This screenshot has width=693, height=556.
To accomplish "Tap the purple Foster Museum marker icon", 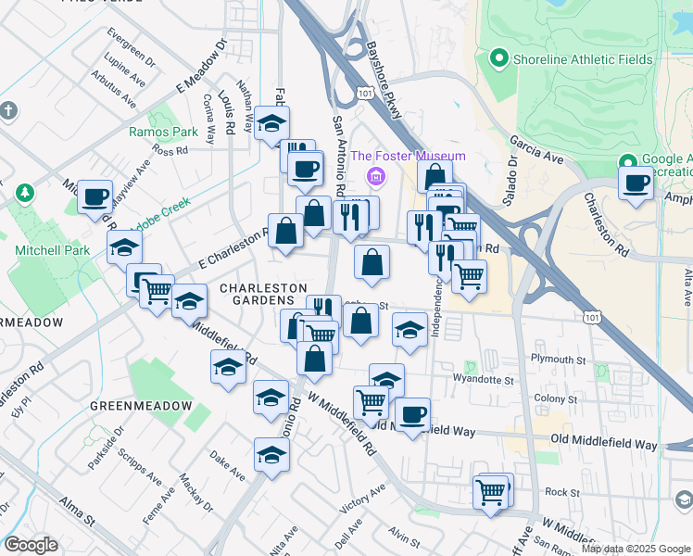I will (x=375, y=176).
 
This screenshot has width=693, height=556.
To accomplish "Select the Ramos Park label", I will (x=163, y=132).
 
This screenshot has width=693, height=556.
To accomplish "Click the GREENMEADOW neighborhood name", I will (x=141, y=406).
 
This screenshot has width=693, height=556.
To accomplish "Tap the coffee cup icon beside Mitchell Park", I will (x=94, y=196).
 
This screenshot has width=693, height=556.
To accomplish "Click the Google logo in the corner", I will (x=31, y=545).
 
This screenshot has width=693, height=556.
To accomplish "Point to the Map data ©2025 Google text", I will (x=636, y=549).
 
